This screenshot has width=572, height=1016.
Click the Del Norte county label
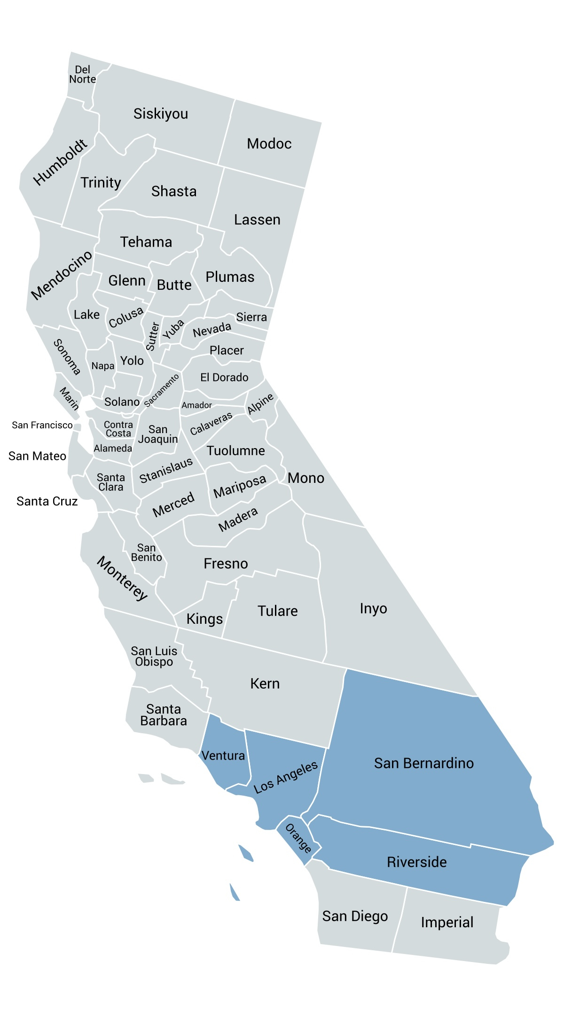pyautogui.click(x=83, y=75)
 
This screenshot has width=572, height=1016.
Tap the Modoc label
pyautogui.click(x=269, y=144)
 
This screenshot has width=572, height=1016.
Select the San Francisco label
pyautogui.click(x=42, y=425)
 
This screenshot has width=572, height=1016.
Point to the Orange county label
pyautogui.click(x=298, y=838)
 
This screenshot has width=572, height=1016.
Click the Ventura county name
pyautogui.click(x=223, y=756)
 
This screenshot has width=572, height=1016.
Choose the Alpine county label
pyautogui.click(x=260, y=403)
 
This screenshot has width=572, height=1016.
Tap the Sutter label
pyautogui.click(x=153, y=336)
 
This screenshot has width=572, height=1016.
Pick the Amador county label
pyautogui.click(x=197, y=405)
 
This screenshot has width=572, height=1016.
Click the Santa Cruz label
pyautogui.click(x=47, y=501)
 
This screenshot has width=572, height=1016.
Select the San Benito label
pyautogui.click(x=147, y=552)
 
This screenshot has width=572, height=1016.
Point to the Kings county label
pyautogui.click(x=204, y=619)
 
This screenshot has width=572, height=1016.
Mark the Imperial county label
pyautogui.click(x=447, y=923)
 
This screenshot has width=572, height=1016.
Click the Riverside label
pyautogui.click(x=417, y=862)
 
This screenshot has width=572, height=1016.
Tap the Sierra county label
pyautogui.click(x=251, y=317)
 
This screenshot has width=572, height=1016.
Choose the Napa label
pyautogui.click(x=103, y=366)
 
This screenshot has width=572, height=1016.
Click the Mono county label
pyautogui.click(x=306, y=478)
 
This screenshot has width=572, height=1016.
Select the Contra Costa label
pyautogui.click(x=118, y=429)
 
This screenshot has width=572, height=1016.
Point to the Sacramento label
pyautogui.click(x=162, y=390)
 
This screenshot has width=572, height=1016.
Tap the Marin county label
pyautogui.click(x=69, y=398)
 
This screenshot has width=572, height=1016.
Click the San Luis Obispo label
pyautogui.click(x=154, y=656)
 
